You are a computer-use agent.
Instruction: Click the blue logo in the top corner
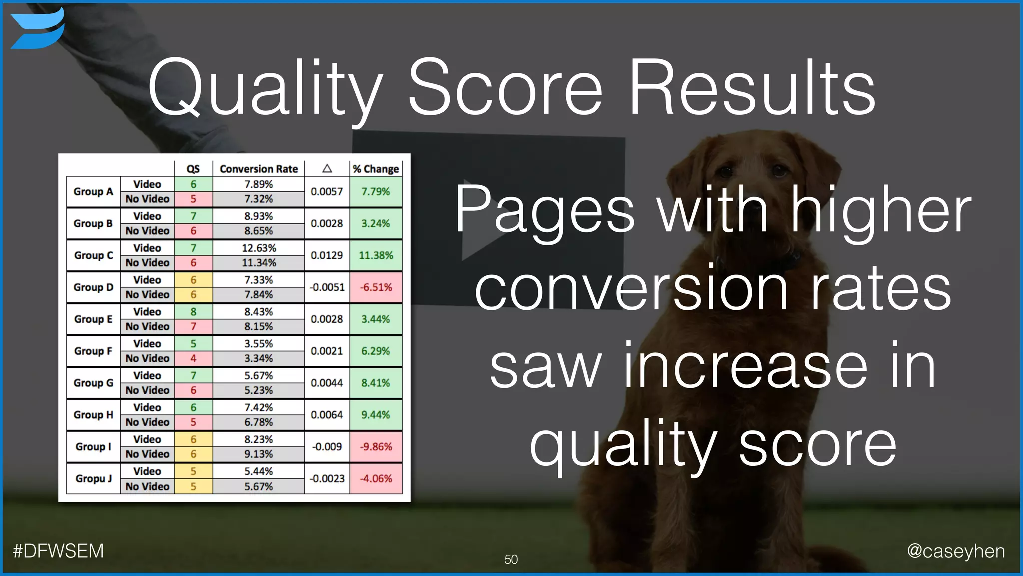click(x=37, y=29)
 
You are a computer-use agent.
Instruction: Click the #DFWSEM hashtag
click(x=58, y=551)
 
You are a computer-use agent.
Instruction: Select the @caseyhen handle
click(x=955, y=551)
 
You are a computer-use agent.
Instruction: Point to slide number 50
click(x=511, y=559)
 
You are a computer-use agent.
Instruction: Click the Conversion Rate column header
click(x=258, y=169)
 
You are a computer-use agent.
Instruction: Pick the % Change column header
click(x=376, y=169)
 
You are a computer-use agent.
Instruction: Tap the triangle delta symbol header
click(x=327, y=169)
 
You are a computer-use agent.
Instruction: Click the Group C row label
click(x=93, y=255)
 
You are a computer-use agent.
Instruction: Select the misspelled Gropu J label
click(x=93, y=478)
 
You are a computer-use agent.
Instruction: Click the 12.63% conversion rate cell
click(x=258, y=248)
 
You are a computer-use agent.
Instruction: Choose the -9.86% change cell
click(x=376, y=446)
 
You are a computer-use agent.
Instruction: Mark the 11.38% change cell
click(x=376, y=255)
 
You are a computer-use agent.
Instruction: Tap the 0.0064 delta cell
click(x=327, y=415)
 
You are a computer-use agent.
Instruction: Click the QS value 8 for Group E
click(x=193, y=312)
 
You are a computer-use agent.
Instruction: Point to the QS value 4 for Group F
click(x=193, y=358)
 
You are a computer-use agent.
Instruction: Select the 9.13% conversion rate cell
click(x=258, y=454)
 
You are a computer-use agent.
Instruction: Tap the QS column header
click(x=193, y=169)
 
